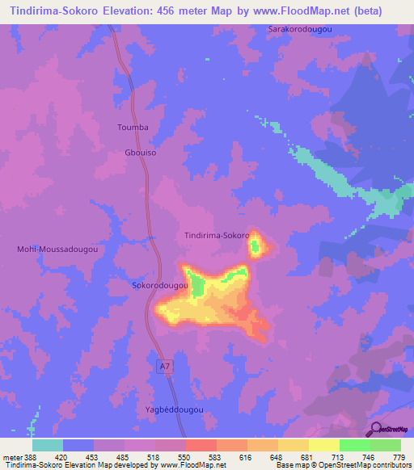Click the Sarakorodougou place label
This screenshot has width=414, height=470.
[x=301, y=29]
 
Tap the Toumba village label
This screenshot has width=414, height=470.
[x=133, y=128]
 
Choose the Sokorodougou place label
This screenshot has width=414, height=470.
[x=159, y=286]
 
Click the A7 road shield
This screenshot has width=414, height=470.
[x=164, y=367]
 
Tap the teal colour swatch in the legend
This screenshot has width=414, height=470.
[x=48, y=445]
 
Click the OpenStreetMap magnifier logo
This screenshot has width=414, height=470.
[x=377, y=428]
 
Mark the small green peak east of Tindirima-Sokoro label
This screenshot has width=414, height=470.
[x=256, y=246]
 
